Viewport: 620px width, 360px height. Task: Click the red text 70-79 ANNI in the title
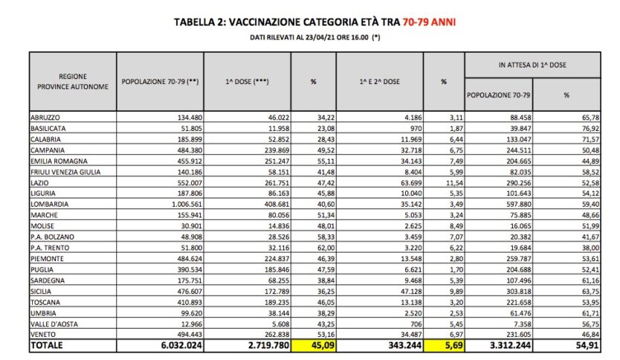pos(429,22)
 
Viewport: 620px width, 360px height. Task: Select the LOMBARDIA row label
pos(50,203)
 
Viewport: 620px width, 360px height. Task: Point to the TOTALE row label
pos(47,347)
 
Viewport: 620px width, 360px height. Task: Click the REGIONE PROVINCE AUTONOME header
pos(74,81)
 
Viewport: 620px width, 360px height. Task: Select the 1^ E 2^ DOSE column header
pos(380,81)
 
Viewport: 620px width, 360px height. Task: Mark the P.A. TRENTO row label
pos(49,245)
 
